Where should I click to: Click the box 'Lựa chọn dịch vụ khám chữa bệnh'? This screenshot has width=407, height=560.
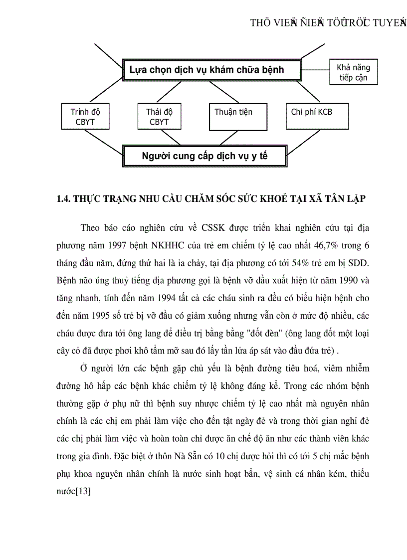(212, 70)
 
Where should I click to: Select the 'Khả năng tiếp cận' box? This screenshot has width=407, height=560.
(353, 73)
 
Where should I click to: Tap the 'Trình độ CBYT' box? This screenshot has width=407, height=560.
(85, 117)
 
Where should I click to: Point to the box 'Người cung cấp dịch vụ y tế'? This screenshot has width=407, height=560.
(205, 156)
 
